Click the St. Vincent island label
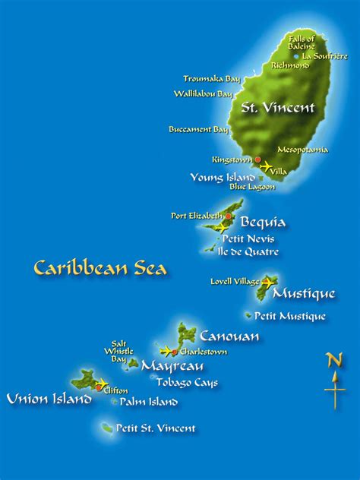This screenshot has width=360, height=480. pyautogui.click(x=277, y=108)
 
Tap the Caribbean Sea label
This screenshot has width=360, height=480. pyautogui.click(x=100, y=268)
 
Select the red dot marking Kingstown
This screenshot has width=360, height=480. pyautogui.click(x=258, y=159)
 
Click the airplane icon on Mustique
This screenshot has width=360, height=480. pyautogui.click(x=268, y=283)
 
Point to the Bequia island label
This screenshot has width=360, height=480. pyautogui.click(x=263, y=223)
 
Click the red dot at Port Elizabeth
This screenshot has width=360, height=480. pyautogui.click(x=229, y=216)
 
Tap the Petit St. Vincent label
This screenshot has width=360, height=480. pyautogui.click(x=156, y=428)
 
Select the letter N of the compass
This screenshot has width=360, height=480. pyautogui.click(x=334, y=360)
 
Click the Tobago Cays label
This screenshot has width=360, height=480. pyautogui.click(x=187, y=383)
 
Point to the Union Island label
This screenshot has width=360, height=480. pyautogui.click(x=49, y=399)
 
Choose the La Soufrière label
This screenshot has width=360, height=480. pyautogui.click(x=326, y=55)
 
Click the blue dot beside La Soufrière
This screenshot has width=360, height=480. pyautogui.click(x=296, y=56)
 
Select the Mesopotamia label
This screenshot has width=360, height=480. pyautogui.click(x=302, y=150)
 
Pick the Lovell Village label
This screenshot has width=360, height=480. pyautogui.click(x=235, y=282)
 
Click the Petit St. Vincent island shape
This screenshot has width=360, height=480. pyautogui.click(x=106, y=428)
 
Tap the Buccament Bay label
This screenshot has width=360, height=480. pyautogui.click(x=198, y=130)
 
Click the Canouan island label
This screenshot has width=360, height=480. pyautogui.click(x=229, y=336)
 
